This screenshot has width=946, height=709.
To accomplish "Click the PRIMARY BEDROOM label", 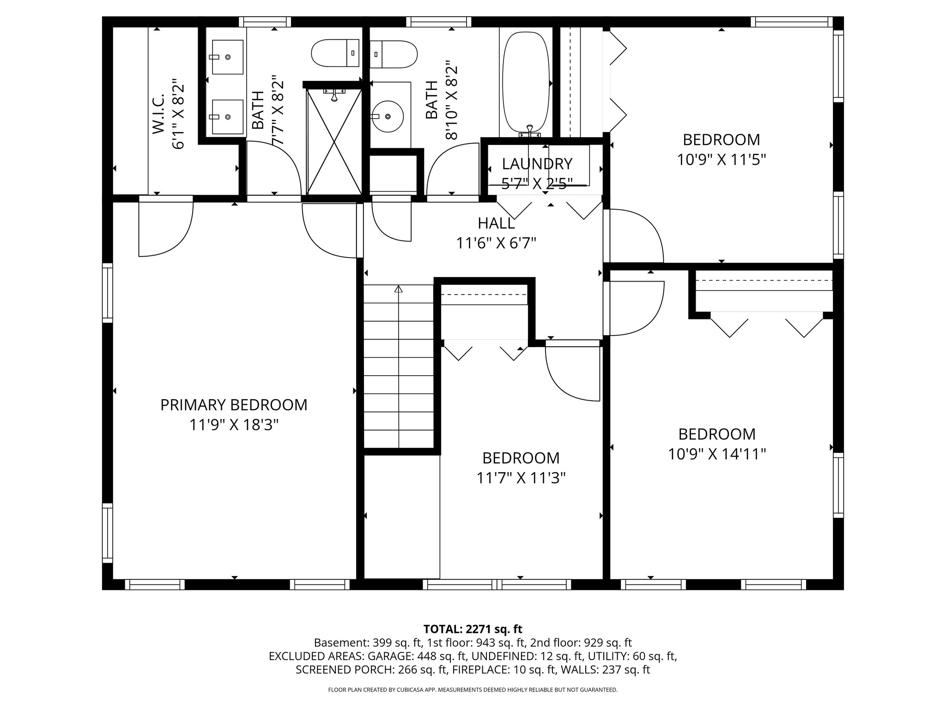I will tap(234, 405).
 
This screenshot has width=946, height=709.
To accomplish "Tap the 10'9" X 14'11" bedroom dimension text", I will tap(717, 454).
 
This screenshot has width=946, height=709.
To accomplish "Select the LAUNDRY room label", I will tap(537, 164).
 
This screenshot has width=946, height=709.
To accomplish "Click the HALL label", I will tap(496, 223).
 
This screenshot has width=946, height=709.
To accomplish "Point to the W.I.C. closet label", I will tap(159, 114).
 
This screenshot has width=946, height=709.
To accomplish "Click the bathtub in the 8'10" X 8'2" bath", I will tap(526, 83).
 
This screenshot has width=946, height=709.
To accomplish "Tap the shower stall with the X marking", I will tap(334, 141).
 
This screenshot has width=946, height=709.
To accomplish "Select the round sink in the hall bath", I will tap(388, 116).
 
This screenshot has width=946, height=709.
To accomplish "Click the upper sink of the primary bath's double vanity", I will tap(227, 57).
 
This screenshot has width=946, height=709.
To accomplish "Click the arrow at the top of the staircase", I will tap(399, 289).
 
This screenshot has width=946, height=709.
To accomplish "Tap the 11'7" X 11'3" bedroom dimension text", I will tap(521, 478).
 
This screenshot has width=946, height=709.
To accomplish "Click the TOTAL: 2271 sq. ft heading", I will tap(473, 629).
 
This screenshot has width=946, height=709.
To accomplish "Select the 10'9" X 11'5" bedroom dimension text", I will tap(722, 160).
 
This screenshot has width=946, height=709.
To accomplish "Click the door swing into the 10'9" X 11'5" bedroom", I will tap(635, 235).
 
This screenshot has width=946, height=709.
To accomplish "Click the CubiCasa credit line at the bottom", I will tap(473, 690).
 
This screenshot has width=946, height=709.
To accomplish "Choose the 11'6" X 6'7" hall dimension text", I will tap(496, 243).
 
